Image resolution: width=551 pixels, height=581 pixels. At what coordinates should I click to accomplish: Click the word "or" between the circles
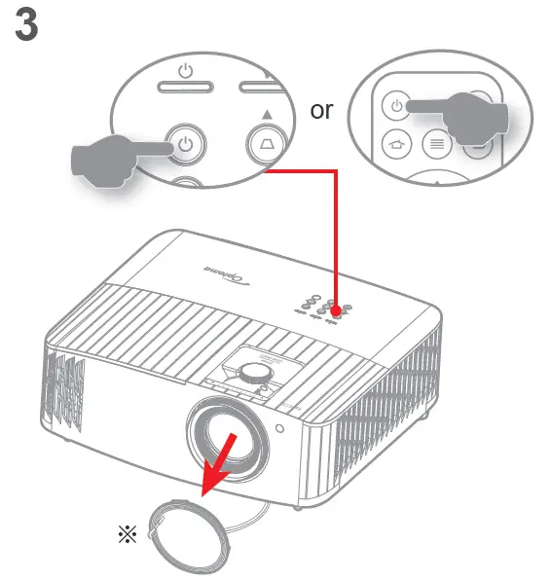click(x=321, y=110)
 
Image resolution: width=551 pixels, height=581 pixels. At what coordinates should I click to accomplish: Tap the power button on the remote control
click(x=396, y=104)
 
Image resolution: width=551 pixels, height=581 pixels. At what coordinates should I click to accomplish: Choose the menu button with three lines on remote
click(x=435, y=145)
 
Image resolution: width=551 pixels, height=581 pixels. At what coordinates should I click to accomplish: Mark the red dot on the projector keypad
click(x=337, y=309)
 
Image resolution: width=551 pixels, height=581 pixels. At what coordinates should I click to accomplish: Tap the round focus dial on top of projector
click(x=255, y=371)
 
